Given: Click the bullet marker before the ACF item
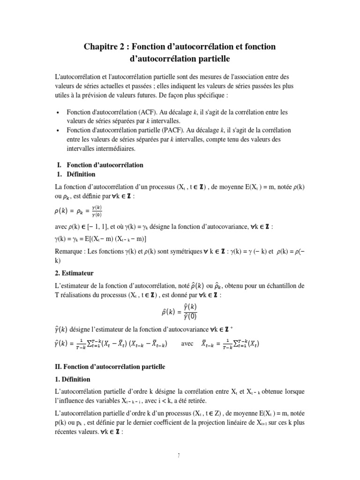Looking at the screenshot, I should click(57, 113).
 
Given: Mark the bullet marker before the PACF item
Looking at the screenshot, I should click(57, 130).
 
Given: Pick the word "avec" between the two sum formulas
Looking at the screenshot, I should click(187, 343).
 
